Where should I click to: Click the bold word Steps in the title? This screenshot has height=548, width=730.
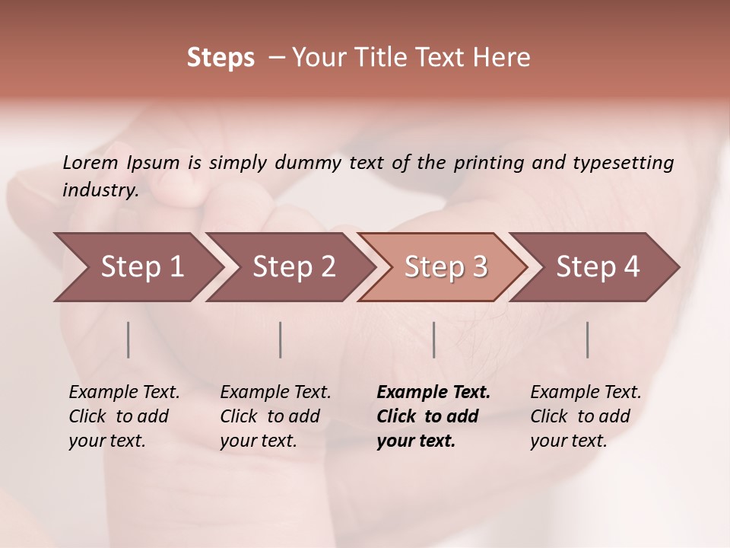point(221,58)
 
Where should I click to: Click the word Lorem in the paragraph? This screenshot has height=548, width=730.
point(90,162)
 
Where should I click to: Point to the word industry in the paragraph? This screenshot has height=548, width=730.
point(100,190)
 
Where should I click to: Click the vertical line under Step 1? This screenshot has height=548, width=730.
point(129,339)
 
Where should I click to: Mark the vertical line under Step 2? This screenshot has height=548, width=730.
point(281,339)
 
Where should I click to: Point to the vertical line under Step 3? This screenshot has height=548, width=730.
point(433,339)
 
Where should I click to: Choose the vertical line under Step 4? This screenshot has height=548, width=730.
point(588,339)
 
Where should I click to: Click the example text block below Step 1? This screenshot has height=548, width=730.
point(124,416)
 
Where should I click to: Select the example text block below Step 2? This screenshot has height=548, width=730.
point(275,416)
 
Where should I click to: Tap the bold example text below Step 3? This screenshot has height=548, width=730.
point(433,416)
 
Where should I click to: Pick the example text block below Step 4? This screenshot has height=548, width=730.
point(586,416)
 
